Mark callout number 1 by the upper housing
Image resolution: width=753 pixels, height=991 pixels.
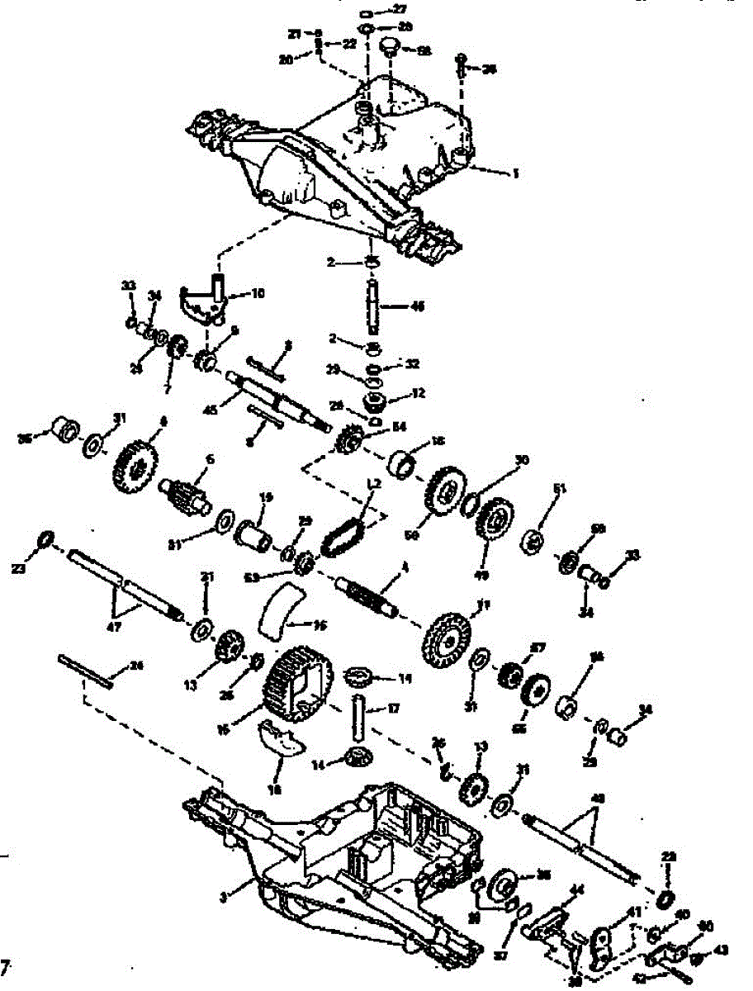pyautogui.click(x=515, y=174)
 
